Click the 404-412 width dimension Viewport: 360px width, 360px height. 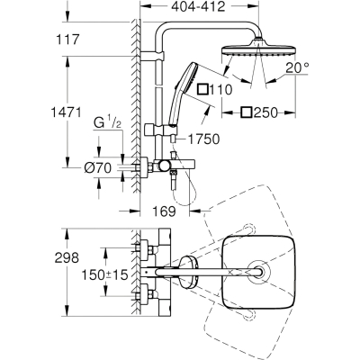point(198,6)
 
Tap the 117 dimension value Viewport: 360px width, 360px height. point(67,40)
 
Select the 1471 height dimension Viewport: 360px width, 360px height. point(66,112)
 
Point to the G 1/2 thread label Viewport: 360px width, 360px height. point(108,122)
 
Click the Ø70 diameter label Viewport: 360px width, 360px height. point(98,168)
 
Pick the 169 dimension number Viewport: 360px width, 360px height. point(164,211)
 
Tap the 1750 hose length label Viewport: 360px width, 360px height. point(204,139)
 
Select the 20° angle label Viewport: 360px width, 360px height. point(297,68)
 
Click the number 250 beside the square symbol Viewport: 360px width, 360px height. point(265,112)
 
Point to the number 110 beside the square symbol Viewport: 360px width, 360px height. point(220,89)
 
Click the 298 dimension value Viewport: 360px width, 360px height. point(67,257)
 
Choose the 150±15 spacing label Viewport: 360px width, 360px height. point(105,274)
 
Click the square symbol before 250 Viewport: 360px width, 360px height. point(247,112)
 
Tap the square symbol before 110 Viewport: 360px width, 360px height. point(202,89)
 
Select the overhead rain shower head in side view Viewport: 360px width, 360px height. point(258,49)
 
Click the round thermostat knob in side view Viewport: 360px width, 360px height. point(164,166)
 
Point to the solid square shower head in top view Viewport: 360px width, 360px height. point(259,273)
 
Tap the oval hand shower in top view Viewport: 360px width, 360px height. point(188,273)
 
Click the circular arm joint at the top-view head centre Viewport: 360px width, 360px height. point(258,273)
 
